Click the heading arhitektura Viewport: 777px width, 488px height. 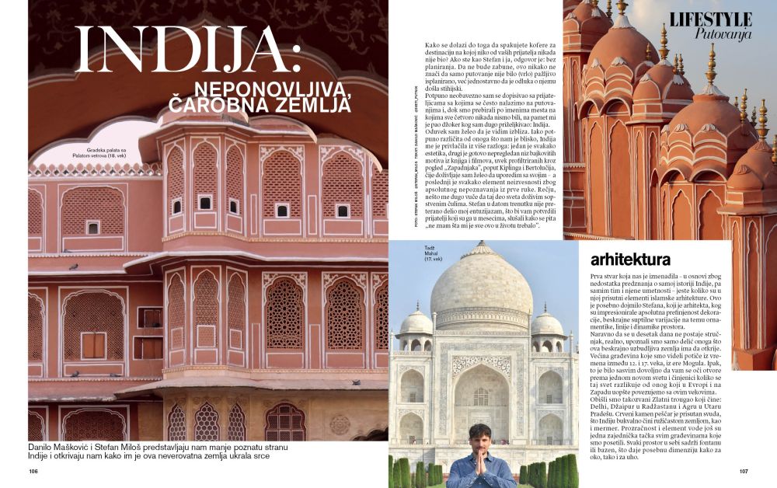631,259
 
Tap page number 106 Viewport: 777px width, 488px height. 33,471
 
